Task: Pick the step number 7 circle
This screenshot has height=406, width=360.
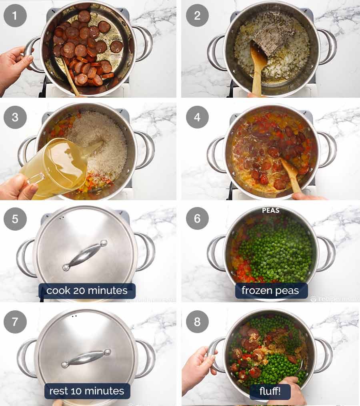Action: click(x=15, y=321)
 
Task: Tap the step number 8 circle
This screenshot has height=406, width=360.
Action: click(x=197, y=321)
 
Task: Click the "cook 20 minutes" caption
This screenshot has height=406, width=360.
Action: click(x=87, y=291)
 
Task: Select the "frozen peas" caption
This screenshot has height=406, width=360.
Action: click(x=271, y=291)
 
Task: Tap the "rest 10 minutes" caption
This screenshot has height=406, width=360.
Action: click(x=86, y=391)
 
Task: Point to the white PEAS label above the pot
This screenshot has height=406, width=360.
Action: click(x=271, y=210)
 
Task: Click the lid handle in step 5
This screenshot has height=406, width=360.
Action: click(x=85, y=255)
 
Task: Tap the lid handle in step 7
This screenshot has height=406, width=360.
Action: click(x=86, y=358)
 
